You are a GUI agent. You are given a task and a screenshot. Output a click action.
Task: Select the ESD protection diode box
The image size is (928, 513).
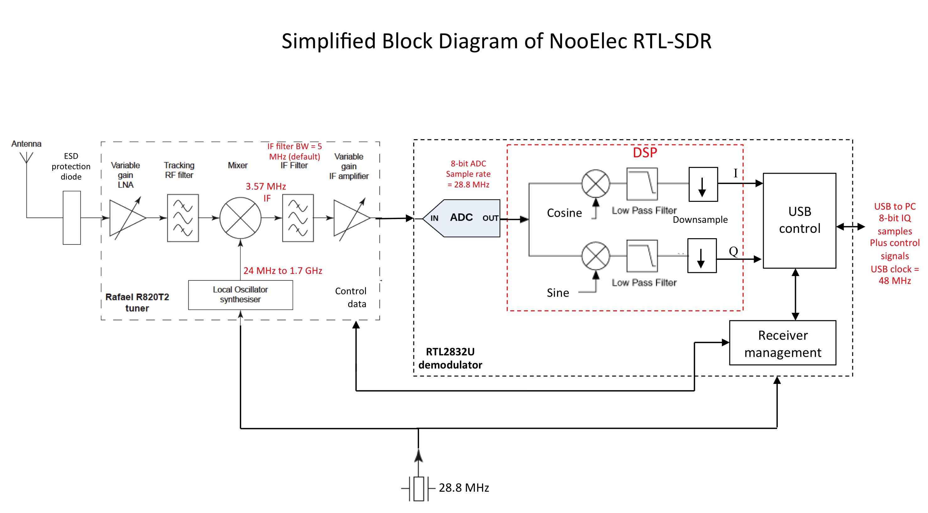[x=72, y=218]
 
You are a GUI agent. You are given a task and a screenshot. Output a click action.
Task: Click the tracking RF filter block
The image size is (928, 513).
[x=183, y=218]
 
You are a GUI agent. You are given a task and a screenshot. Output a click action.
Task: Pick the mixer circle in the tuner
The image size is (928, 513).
[x=240, y=218]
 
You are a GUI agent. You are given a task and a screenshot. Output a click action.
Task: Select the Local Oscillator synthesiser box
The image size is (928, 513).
[x=240, y=295]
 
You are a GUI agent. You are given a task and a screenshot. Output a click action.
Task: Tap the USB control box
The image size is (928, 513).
[x=799, y=220]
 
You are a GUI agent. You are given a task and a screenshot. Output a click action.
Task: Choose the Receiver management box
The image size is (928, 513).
[x=782, y=343]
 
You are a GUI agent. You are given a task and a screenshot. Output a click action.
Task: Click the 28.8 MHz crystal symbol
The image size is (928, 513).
[x=419, y=489]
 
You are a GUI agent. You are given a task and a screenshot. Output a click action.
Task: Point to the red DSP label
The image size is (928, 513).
[x=645, y=153]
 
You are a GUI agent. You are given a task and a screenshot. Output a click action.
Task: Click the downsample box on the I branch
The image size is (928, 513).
[x=703, y=184]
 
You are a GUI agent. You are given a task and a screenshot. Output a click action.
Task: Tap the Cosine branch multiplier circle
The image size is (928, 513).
[x=596, y=184]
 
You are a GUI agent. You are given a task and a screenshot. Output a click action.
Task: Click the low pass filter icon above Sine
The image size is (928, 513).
[x=642, y=256]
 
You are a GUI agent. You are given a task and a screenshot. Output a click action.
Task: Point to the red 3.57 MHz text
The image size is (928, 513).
[x=266, y=186]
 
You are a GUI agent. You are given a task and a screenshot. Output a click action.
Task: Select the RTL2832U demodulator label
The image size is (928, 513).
[x=450, y=358]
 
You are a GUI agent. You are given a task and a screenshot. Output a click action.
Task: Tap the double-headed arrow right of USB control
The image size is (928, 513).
[x=851, y=227]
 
